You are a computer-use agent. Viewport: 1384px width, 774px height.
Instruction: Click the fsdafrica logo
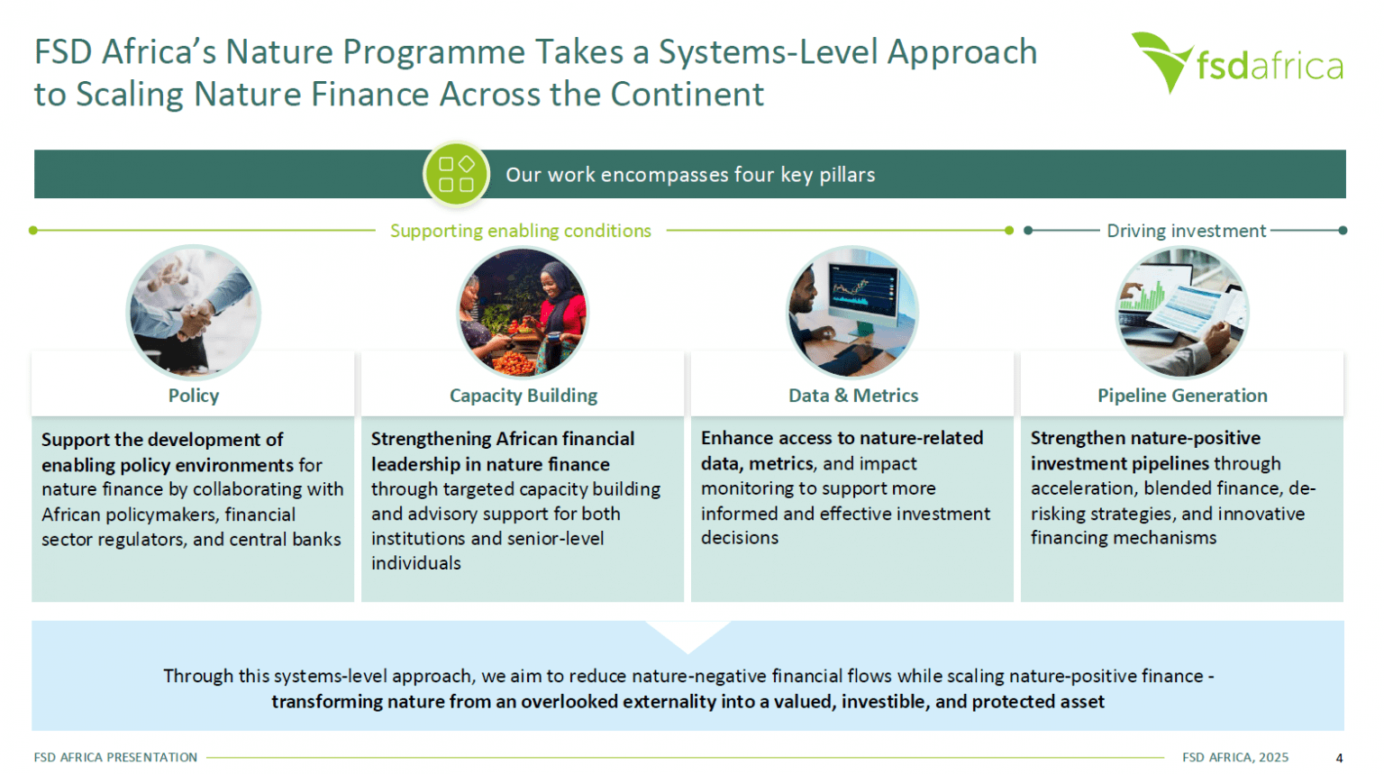coord(1237,63)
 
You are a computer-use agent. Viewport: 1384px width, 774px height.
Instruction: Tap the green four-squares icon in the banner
coord(456,174)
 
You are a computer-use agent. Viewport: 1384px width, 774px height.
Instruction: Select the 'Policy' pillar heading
coord(194,396)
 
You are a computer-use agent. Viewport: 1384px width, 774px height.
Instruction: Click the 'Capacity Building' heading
coord(524,396)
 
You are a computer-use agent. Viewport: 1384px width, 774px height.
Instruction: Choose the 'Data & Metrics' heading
coord(853,396)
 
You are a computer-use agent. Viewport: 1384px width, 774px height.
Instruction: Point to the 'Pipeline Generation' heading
coord(1182,396)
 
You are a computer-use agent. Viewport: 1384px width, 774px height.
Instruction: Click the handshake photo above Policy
coord(194,312)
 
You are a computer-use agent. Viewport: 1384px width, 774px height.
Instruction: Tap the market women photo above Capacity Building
coord(523,312)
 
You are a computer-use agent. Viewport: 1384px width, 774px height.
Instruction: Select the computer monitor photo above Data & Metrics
coord(852,312)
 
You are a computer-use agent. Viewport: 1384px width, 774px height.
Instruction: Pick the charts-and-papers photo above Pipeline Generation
coord(1182,312)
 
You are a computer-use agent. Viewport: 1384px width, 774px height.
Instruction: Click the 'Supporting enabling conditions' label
coord(520,231)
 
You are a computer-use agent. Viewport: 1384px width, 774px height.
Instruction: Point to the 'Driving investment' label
coord(1186,231)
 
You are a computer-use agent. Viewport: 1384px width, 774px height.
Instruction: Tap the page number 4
coord(1339,758)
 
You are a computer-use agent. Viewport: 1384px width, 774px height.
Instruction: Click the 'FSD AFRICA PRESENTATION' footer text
coord(115,757)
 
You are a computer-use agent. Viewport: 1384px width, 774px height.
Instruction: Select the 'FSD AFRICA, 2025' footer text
coord(1235,757)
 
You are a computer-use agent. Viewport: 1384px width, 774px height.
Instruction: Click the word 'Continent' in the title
coord(687,95)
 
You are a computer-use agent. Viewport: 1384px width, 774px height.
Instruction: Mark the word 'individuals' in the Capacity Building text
coord(415,563)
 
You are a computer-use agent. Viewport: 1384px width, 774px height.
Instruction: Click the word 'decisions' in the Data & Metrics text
coord(740,537)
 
